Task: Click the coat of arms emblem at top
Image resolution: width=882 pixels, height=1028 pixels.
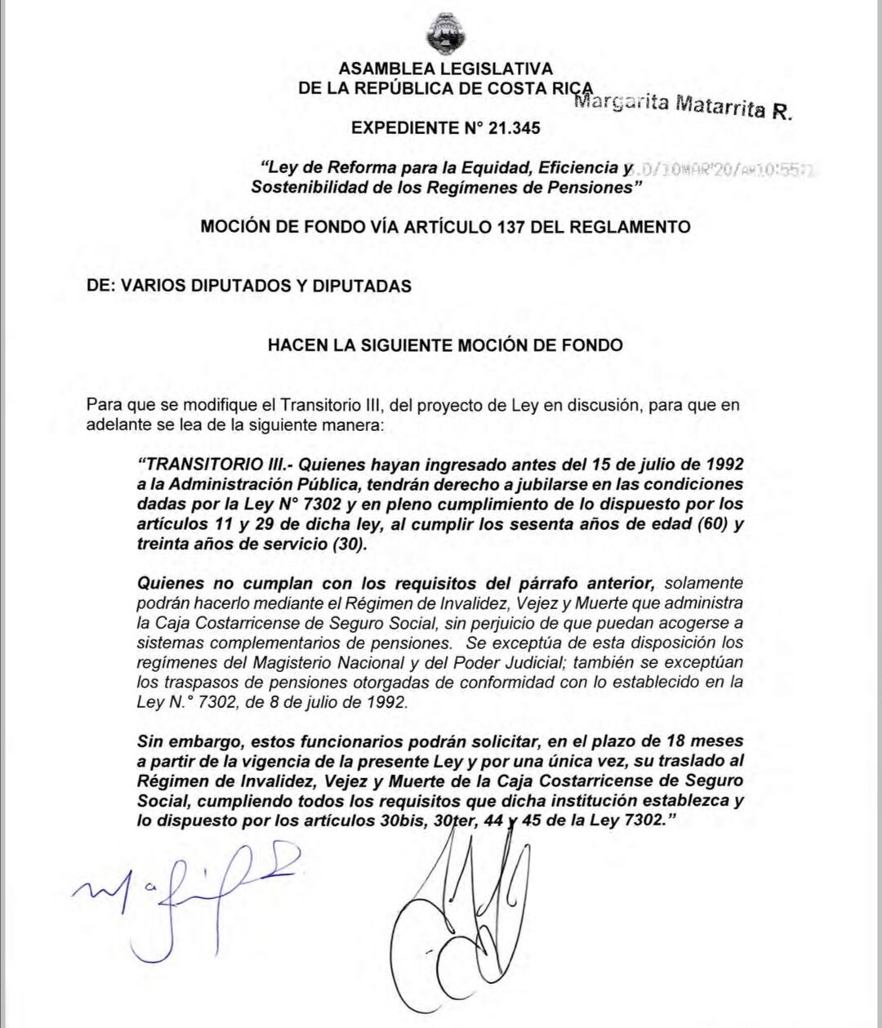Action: (446, 33)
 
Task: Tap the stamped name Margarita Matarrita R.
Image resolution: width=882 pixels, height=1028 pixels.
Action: (683, 105)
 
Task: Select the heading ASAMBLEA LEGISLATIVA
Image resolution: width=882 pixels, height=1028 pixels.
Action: (445, 69)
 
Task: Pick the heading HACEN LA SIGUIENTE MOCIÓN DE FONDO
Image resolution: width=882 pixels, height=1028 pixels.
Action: (445, 345)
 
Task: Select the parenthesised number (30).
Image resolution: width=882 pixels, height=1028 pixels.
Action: (345, 545)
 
